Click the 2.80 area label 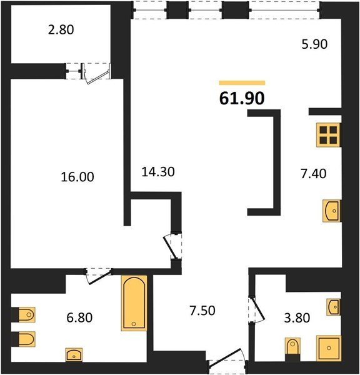[x=61, y=30]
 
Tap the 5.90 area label [x=314, y=44]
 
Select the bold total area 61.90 [x=242, y=98]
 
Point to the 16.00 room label [x=77, y=177]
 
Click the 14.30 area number [x=158, y=172]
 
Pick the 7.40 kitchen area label [x=313, y=174]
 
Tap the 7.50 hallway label [x=202, y=311]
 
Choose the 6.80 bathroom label [x=79, y=318]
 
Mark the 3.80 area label [x=297, y=318]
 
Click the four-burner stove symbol [x=328, y=134]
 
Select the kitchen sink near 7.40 [x=331, y=211]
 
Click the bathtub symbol [x=134, y=303]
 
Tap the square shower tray [x=329, y=347]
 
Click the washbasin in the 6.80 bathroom [x=74, y=354]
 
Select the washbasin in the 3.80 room [x=334, y=307]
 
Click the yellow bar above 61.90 [x=242, y=82]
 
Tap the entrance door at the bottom [x=227, y=361]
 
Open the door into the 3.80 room [x=256, y=309]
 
